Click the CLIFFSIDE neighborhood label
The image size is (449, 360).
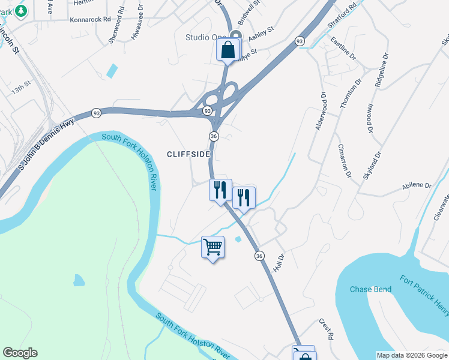[188, 154]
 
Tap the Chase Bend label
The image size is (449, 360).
[370, 290]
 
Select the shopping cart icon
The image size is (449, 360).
[212, 247]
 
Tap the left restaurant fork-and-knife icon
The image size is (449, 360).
[220, 190]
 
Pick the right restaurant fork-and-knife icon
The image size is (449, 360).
[243, 197]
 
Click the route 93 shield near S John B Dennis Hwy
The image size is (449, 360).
[96, 113]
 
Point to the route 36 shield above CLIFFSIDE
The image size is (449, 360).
[214, 136]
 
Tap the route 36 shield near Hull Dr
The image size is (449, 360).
[259, 256]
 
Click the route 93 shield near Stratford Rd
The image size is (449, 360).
[300, 41]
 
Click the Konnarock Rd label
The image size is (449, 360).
[91, 19]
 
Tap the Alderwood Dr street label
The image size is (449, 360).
[319, 111]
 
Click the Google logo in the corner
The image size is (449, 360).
[20, 353]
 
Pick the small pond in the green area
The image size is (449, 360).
[79, 280]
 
